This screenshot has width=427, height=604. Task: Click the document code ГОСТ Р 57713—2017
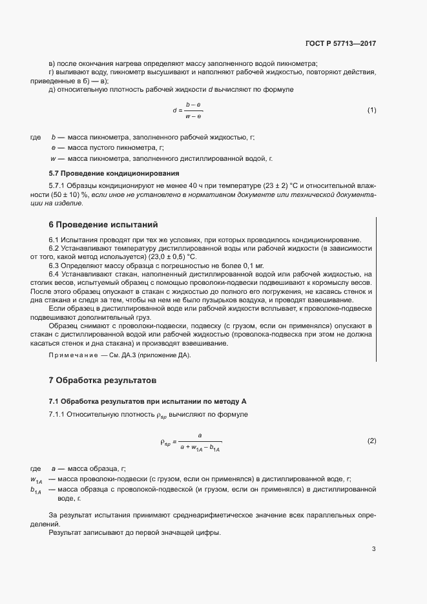click(340, 44)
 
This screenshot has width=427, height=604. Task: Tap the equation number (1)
click(371, 110)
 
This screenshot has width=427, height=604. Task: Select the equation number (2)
click(371, 441)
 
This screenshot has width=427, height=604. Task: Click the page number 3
click(374, 549)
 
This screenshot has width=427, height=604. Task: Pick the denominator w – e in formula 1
click(193, 116)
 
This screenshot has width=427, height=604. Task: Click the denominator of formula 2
click(200, 448)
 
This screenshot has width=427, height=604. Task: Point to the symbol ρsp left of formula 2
click(165, 442)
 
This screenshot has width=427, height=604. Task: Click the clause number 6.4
click(54, 275)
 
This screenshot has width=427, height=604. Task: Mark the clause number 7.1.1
click(58, 413)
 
